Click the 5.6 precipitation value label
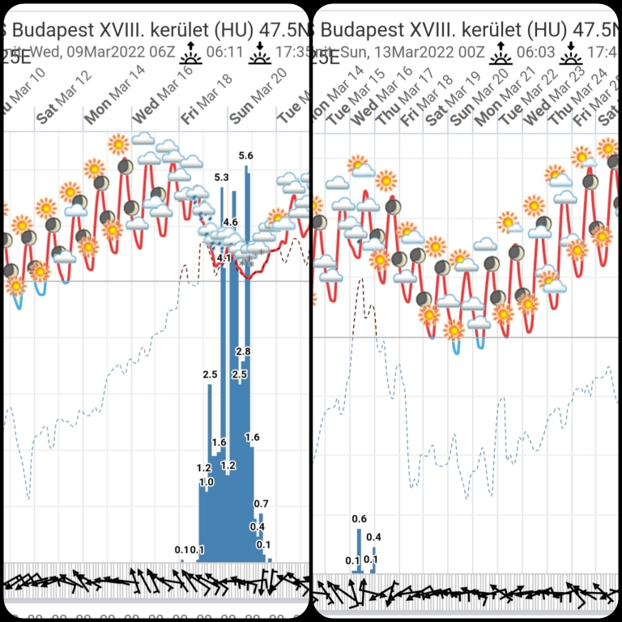246,155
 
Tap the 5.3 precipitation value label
222,177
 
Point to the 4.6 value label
230,222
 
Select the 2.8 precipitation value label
244,351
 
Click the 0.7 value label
261,504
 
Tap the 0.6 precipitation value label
360,519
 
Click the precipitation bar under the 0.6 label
359,551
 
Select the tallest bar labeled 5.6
247,364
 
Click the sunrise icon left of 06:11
191,53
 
